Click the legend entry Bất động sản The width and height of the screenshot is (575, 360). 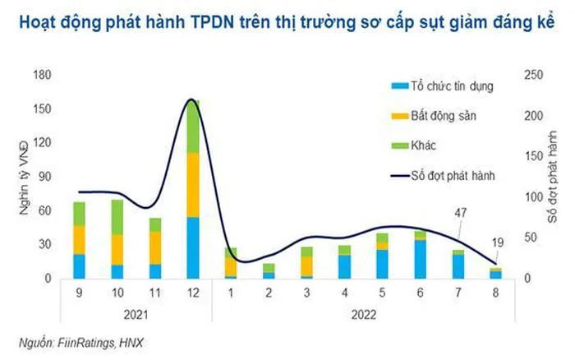[x=444, y=115]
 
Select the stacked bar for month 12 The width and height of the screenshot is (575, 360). [x=193, y=197]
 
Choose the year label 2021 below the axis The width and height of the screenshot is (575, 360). [x=136, y=316]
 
